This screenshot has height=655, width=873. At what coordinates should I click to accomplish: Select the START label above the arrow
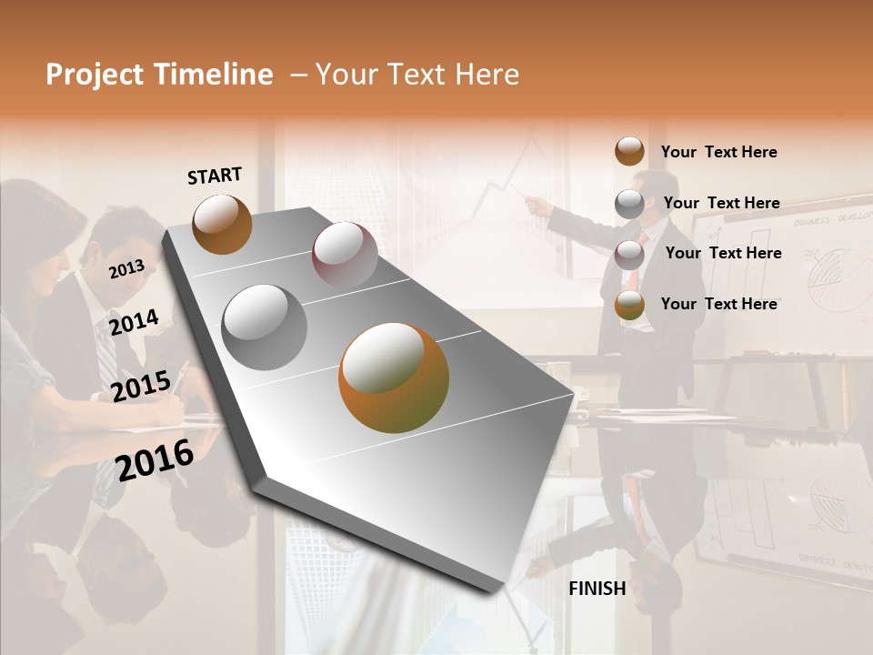coord(215,176)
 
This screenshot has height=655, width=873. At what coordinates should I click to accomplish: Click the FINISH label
coord(597,589)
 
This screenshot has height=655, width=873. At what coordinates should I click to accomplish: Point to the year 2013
coord(126,268)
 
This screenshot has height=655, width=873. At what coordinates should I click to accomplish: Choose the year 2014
coord(134,321)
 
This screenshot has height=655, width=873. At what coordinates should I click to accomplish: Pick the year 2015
coord(140,387)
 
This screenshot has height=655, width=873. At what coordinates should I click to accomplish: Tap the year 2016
coord(155,459)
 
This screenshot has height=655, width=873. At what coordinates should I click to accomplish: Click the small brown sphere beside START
coord(222,224)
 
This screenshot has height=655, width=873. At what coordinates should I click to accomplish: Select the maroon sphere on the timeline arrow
coord(345,256)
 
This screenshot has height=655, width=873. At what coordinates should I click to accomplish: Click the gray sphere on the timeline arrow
coord(265,327)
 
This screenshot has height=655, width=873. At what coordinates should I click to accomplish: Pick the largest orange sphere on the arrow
coord(394,378)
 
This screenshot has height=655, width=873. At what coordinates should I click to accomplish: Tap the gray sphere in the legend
coord(629,203)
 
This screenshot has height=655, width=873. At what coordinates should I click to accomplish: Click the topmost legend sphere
coord(629,151)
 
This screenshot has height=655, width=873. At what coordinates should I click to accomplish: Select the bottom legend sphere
coord(629,305)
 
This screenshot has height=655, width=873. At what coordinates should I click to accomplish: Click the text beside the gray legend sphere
coord(721,203)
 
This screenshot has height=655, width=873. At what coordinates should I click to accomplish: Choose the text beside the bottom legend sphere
coord(718,304)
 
